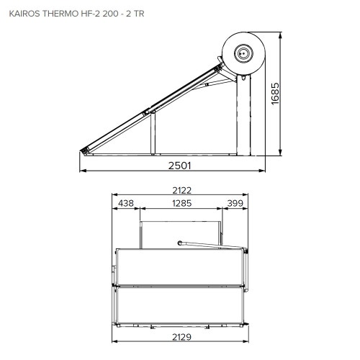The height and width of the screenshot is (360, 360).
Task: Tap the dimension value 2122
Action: [181, 191]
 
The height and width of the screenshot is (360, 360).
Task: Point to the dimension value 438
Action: [127, 204]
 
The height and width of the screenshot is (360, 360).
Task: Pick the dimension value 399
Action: [235, 204]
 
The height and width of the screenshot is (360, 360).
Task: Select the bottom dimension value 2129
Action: [181, 338]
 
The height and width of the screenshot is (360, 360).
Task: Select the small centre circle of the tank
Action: [244, 52]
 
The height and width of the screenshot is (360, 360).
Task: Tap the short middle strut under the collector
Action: [152, 132]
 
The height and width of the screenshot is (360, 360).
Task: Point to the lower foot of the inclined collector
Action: [86, 149]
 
